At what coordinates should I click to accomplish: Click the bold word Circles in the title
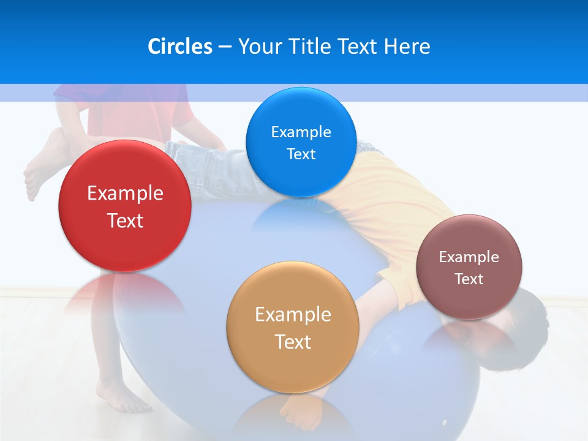(180, 47)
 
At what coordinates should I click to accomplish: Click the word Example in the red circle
(125, 194)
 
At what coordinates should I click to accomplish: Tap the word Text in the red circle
(125, 221)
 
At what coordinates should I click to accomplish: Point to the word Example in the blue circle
(301, 132)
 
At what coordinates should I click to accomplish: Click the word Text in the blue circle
(301, 154)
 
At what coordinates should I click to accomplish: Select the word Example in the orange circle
(293, 315)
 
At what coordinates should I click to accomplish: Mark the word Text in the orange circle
(293, 342)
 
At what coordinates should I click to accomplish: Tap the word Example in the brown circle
(469, 257)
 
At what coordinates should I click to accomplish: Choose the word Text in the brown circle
(469, 279)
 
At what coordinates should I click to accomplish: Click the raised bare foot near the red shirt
(40, 175)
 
